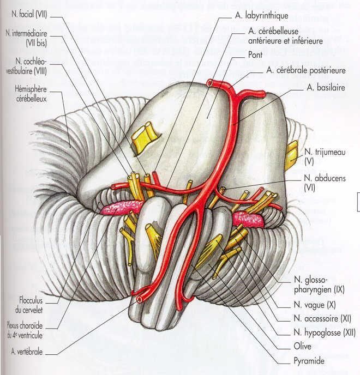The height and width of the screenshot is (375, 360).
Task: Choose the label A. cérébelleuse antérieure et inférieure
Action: [x=285, y=35]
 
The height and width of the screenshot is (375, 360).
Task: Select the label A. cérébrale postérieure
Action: [x=306, y=70]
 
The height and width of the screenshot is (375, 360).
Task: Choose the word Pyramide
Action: [x=309, y=361]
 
